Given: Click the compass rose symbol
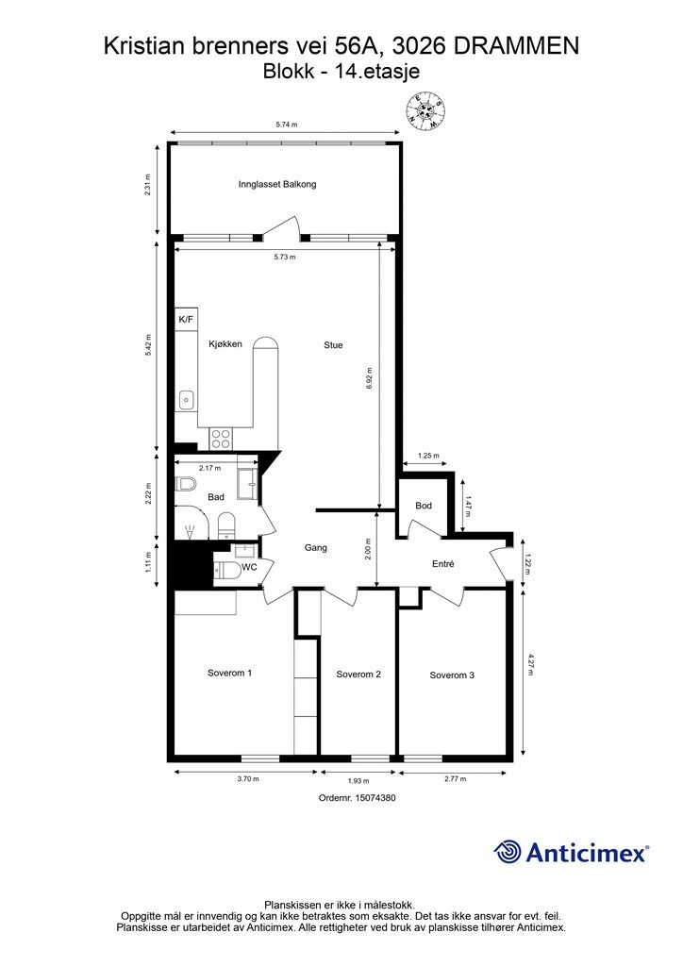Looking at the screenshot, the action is tap(425, 111).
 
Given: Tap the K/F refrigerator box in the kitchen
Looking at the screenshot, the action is tap(186, 319).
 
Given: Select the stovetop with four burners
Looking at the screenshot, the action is tap(221, 439).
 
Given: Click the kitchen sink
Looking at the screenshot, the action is tap(186, 401).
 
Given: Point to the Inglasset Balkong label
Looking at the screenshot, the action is tap(277, 184).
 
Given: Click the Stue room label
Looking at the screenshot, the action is tap(333, 345).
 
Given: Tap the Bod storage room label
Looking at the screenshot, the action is tap(424, 506).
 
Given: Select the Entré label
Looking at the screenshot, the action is tap(443, 563).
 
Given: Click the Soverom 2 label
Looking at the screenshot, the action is tap(358, 675).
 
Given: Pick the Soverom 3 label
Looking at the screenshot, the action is tap(452, 675).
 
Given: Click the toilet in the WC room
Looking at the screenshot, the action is tap(226, 571).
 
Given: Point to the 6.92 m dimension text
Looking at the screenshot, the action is tap(370, 378).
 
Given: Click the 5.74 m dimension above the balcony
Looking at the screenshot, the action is tap(287, 125).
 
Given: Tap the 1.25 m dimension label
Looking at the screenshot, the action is tap(428, 456).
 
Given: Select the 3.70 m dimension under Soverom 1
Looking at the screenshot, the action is tap(248, 778).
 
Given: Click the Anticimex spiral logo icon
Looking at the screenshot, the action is tap(508, 853).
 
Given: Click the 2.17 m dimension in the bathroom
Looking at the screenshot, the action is tap(210, 468).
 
